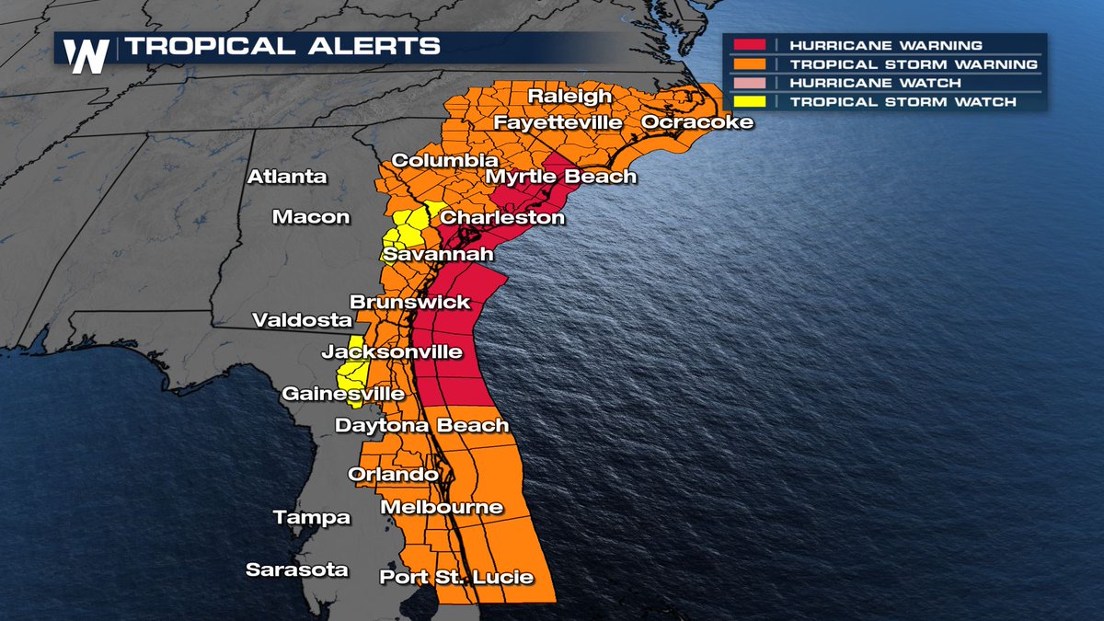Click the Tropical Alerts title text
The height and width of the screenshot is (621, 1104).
click(282, 46)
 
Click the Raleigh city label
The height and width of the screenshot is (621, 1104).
click(569, 97)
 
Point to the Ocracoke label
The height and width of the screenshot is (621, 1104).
click(696, 122)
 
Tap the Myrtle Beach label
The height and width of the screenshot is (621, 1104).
click(560, 177)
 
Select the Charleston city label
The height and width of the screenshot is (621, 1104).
click(502, 218)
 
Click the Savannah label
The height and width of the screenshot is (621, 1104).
click(439, 255)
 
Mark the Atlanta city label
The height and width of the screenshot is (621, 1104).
click(287, 177)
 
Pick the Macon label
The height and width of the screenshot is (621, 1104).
click(311, 217)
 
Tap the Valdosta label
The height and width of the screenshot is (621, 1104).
click(303, 320)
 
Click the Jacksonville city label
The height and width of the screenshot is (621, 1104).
click(391, 352)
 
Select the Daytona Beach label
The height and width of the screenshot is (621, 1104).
click(421, 425)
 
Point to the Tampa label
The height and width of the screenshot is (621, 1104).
click(312, 518)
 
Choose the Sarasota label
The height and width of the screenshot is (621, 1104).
click(297, 569)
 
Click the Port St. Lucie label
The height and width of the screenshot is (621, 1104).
click(456, 577)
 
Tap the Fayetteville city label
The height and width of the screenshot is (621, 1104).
click(558, 122)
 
